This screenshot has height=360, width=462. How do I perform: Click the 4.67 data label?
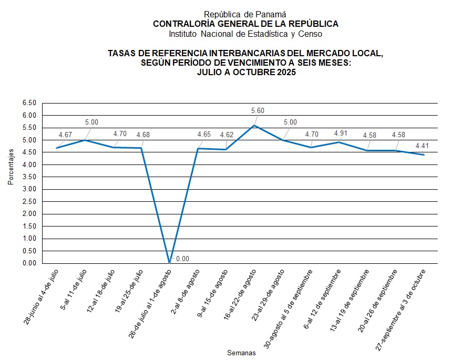point(65,135)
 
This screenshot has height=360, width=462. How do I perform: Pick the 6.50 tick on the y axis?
point(29,103)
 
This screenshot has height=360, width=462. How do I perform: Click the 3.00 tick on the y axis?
point(29,189)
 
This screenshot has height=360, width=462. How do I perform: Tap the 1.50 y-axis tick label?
point(29,227)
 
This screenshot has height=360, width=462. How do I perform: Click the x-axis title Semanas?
point(241,353)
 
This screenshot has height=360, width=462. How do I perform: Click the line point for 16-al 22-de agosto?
point(254,125)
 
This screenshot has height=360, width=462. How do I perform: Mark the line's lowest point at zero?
point(169,263)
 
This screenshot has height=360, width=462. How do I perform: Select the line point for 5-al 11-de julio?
point(85,140)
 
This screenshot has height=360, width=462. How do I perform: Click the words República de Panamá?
point(245,15)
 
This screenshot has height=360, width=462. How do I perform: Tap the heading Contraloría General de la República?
point(245,24)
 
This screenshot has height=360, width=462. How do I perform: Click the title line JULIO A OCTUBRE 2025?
point(246,73)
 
